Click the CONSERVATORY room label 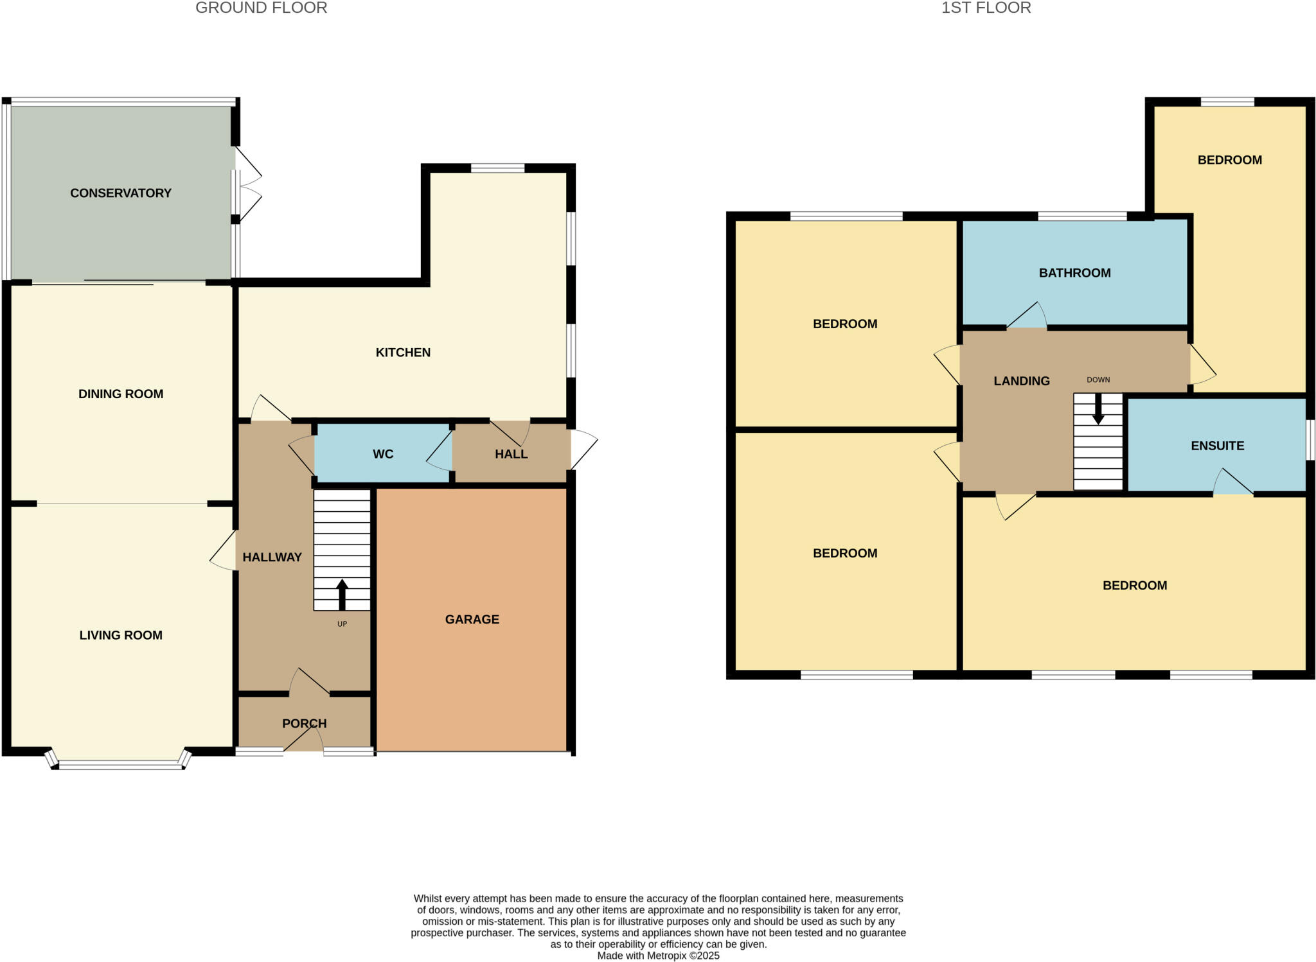pyautogui.click(x=121, y=193)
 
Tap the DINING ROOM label pyautogui.click(x=121, y=394)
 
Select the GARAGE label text pyautogui.click(x=472, y=619)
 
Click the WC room pyautogui.click(x=382, y=454)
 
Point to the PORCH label pyautogui.click(x=304, y=723)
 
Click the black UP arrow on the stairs pyautogui.click(x=342, y=594)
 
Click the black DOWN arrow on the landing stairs pyautogui.click(x=1098, y=409)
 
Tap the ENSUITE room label pyautogui.click(x=1217, y=446)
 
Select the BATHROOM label pyautogui.click(x=1074, y=273)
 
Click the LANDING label pyautogui.click(x=1021, y=381)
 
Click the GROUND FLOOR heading pyautogui.click(x=261, y=8)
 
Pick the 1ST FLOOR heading pyautogui.click(x=986, y=8)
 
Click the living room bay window pyautogui.click(x=120, y=764)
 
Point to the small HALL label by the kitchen pyautogui.click(x=511, y=454)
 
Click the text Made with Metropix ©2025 pyautogui.click(x=658, y=955)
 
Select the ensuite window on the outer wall pyautogui.click(x=1311, y=440)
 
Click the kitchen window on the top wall pyautogui.click(x=497, y=168)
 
